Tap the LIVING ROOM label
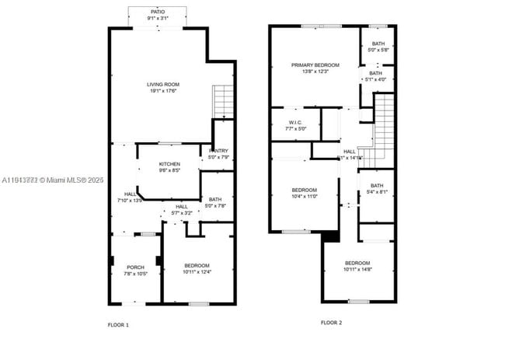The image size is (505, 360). pyautogui.click(x=163, y=87)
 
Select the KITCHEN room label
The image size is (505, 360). pyautogui.click(x=169, y=166)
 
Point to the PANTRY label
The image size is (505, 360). pyautogui.click(x=218, y=154)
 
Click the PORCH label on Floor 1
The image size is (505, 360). pyautogui.click(x=134, y=270)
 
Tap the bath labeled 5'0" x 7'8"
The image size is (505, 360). pyautogui.click(x=215, y=203)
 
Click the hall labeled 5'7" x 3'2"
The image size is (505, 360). pyautogui.click(x=180, y=209)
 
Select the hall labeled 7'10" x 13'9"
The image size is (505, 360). pyautogui.click(x=129, y=197)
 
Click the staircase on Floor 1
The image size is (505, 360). pyautogui.click(x=223, y=100)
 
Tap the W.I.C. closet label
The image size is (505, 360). pyautogui.click(x=295, y=125)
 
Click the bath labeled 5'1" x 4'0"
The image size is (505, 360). pyautogui.click(x=376, y=76)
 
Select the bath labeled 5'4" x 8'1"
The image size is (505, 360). pyautogui.click(x=377, y=188)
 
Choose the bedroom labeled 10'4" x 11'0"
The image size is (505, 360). pyautogui.click(x=304, y=194)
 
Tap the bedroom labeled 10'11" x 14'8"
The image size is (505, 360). pyautogui.click(x=357, y=266)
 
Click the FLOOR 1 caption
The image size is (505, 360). pyautogui.click(x=118, y=323)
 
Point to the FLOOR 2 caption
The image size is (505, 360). pyautogui.click(x=331, y=322)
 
